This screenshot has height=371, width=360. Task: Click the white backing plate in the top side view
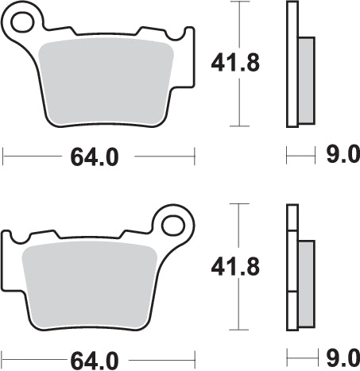[x=292, y=64]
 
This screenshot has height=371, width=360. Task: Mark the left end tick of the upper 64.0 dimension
[x=3, y=157]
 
